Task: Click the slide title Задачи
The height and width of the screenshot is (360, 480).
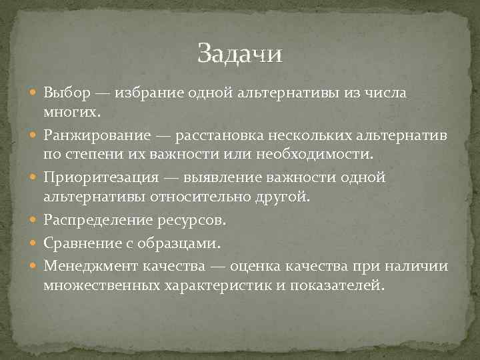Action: [239, 54]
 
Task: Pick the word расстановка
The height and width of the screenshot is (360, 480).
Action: [215, 136]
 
